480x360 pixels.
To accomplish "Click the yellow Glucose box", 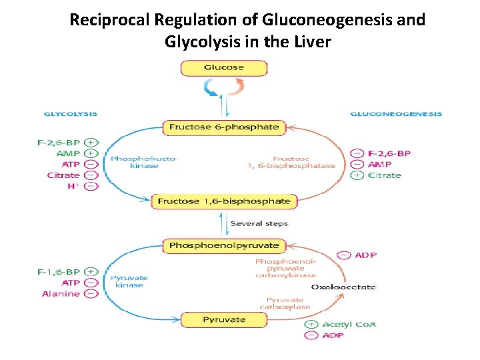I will coord(223,67).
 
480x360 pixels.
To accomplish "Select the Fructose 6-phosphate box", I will coord(223,127).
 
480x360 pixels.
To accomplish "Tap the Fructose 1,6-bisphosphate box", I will coord(223,201).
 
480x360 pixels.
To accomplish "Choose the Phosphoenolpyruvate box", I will coord(223,246).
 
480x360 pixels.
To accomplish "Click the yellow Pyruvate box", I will coord(223,319).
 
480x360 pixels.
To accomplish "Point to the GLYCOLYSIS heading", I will coord(71,114).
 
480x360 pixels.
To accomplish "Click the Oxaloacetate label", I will coord(343,287).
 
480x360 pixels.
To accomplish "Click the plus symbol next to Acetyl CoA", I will coord(311,325).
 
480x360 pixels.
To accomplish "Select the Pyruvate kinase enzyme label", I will coord(128,281).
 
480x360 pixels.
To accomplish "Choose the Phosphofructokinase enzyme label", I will coord(135,162).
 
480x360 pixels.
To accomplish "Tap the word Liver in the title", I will coord(309,42).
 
